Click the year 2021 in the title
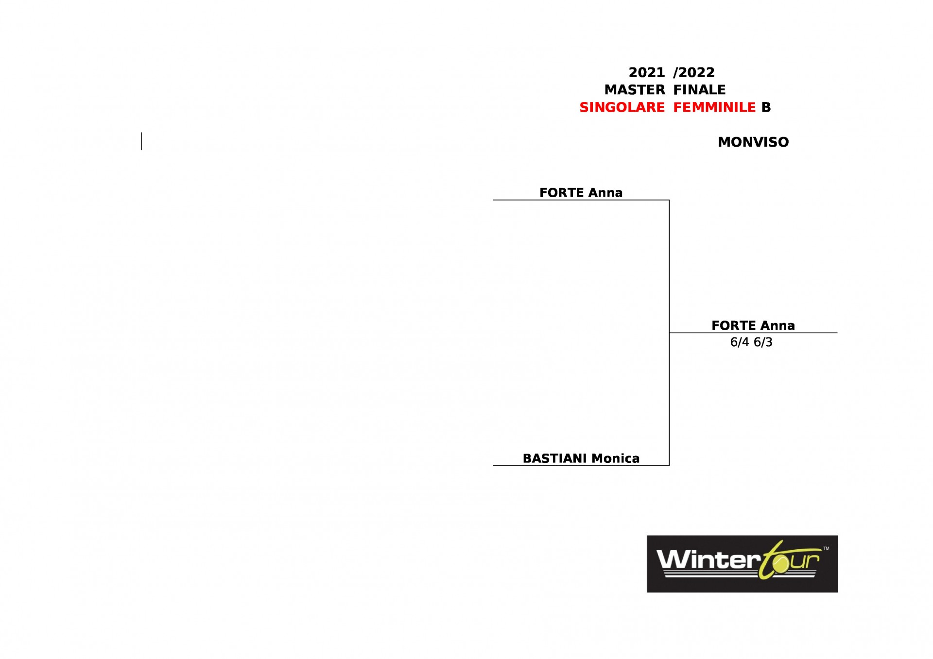pos(646,72)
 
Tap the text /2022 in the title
pos(694,72)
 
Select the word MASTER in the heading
pos(635,90)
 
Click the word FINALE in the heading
pos(699,90)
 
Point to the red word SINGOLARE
pos(622,107)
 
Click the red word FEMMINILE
pos(714,107)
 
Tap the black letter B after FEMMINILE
pos(766,107)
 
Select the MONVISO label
pos(753,142)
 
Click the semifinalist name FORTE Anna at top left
pos(581,193)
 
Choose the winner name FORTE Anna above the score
pos(753,325)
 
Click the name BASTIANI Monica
pos(581,458)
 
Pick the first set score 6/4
pos(740,342)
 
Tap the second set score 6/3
pos(763,342)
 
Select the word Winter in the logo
pos(708,559)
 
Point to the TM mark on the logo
pos(826,549)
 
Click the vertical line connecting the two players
pos(669,333)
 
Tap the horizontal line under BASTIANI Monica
pos(581,466)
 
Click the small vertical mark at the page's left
pos(141,141)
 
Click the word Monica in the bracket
pos(615,458)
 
